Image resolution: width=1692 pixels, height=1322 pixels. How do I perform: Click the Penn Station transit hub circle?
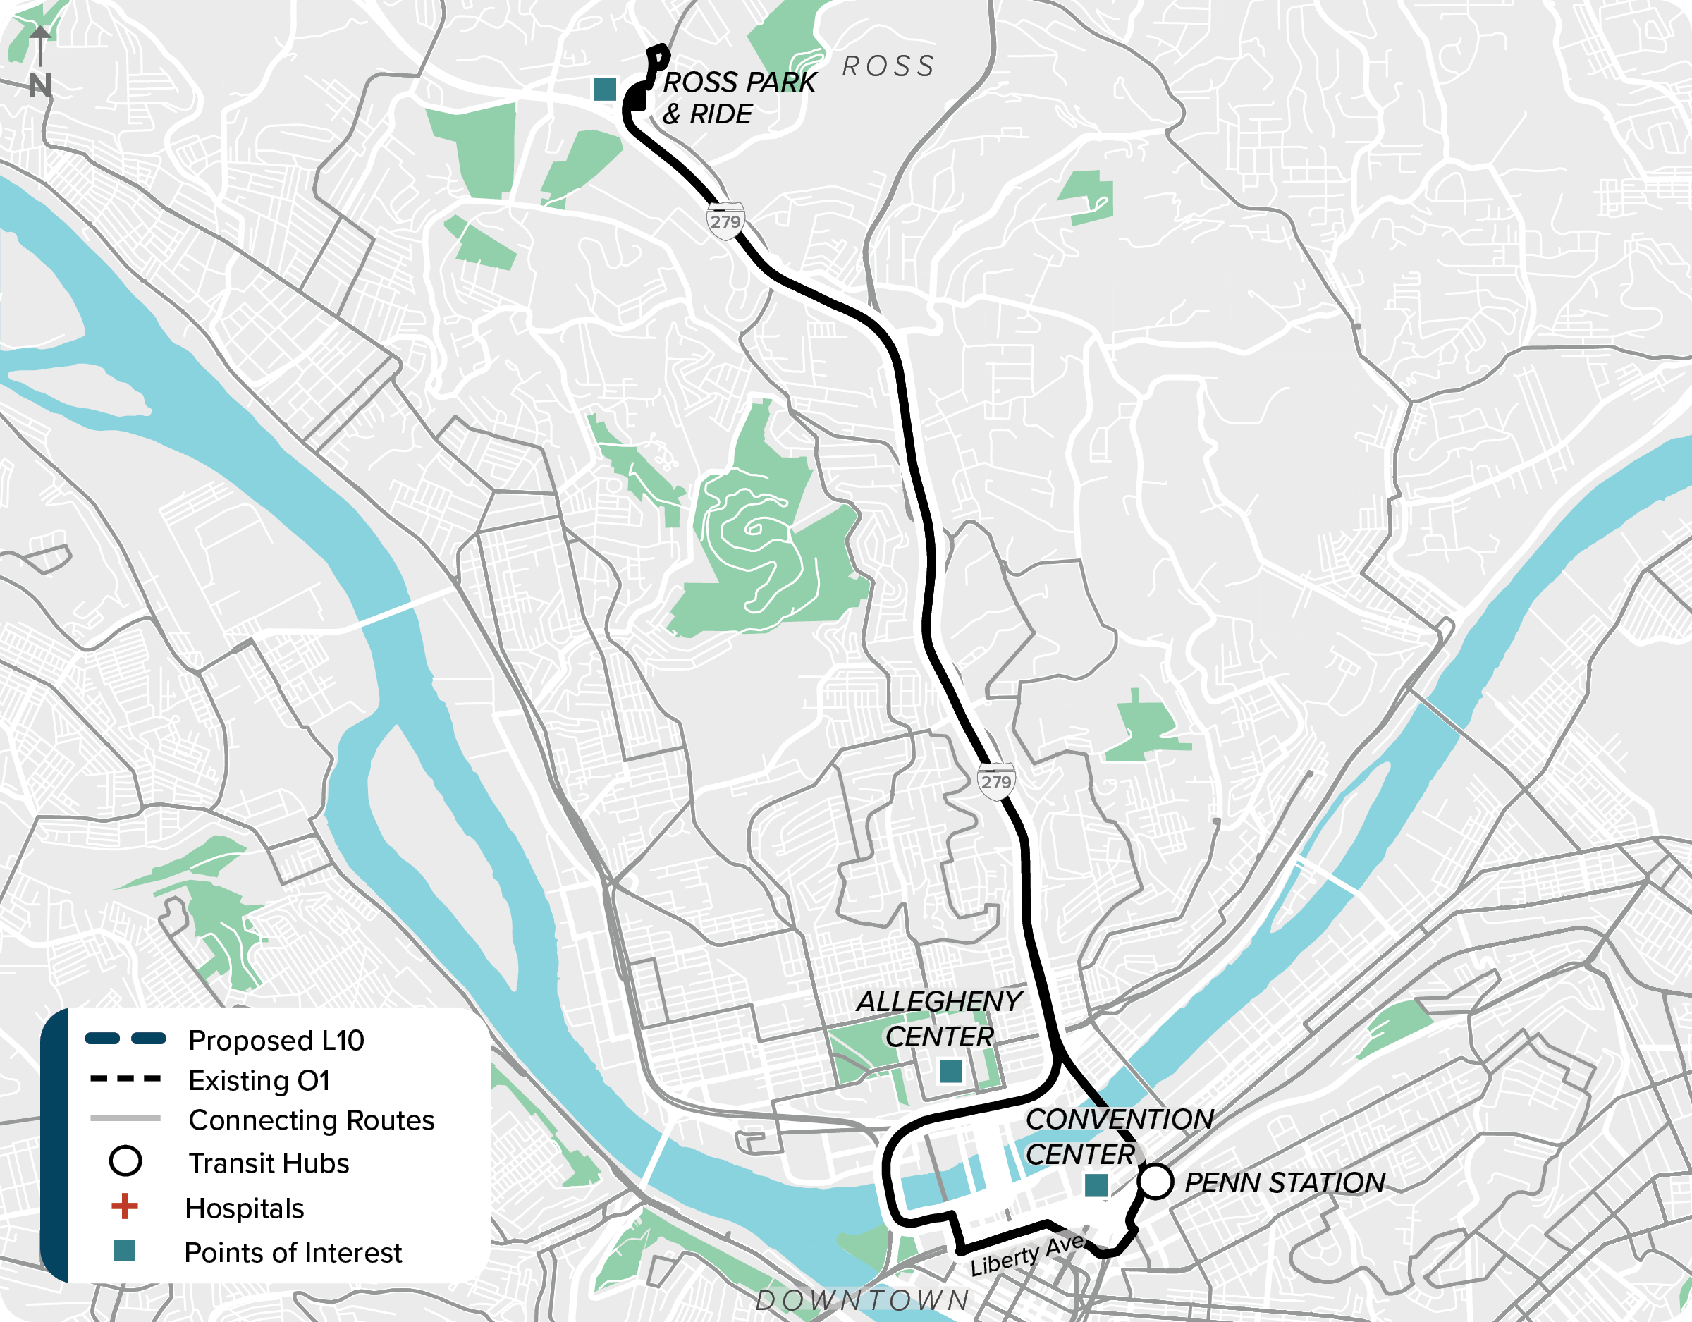tap(1155, 1182)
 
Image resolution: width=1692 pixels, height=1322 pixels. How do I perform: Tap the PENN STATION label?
tap(1285, 1182)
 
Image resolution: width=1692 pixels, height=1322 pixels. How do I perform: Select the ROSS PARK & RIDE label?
tap(737, 97)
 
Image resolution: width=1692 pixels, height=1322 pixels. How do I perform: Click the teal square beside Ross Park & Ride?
tap(604, 89)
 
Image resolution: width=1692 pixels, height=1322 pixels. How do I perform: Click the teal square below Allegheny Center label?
tap(950, 1071)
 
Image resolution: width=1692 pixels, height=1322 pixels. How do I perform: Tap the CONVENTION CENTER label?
tap(1119, 1136)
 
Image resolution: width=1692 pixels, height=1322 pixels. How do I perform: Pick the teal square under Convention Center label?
tap(1096, 1186)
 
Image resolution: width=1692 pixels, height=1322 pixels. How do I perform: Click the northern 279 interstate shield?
tap(726, 221)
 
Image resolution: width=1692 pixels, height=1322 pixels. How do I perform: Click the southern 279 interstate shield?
tap(996, 782)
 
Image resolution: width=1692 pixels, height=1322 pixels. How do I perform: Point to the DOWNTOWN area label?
tap(862, 1300)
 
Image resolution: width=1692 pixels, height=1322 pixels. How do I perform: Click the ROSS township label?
tap(888, 67)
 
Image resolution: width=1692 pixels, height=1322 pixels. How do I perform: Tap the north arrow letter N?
tap(40, 85)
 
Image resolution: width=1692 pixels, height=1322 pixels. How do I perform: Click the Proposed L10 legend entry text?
tap(276, 1040)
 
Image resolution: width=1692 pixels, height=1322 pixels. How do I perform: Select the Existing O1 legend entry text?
tap(259, 1080)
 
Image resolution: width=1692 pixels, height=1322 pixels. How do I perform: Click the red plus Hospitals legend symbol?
tap(125, 1206)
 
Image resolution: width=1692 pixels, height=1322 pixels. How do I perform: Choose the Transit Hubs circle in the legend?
tap(125, 1161)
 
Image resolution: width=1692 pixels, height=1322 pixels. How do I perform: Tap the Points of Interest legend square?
tap(125, 1250)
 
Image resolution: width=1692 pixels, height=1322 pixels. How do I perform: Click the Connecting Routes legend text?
tap(312, 1120)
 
